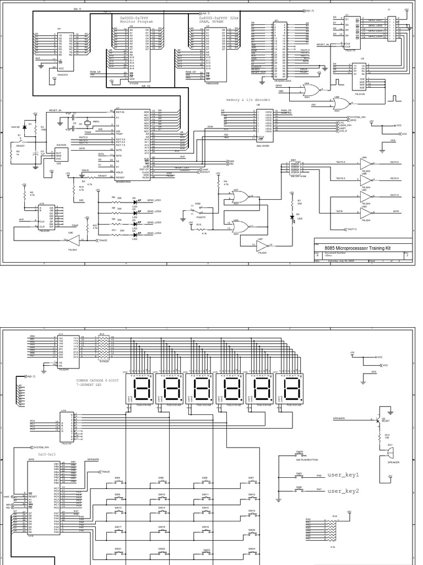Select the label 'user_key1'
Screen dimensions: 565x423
pyautogui.click(x=343, y=475)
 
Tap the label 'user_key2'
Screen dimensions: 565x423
pyautogui.click(x=343, y=491)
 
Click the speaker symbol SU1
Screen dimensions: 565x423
pyautogui.click(x=390, y=452)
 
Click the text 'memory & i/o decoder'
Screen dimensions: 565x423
pyautogui.click(x=248, y=100)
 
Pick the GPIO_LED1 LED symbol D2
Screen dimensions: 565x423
pyautogui.click(x=135, y=202)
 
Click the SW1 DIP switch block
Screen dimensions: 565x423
pyautogui.click(x=297, y=168)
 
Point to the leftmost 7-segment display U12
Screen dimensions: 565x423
pyautogui.click(x=142, y=390)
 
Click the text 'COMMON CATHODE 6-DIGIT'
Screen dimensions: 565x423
pyautogui.click(x=101, y=380)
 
